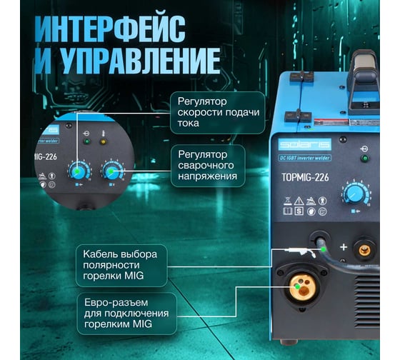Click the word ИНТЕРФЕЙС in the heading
(110, 29)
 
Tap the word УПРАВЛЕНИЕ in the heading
(141, 61)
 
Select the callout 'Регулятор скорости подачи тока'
(218, 113)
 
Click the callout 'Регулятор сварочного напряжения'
(208, 166)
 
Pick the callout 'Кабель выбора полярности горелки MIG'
(121, 265)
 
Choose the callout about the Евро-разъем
(126, 314)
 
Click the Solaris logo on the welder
(305, 145)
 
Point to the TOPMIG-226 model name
(305, 177)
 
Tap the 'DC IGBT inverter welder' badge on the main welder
(305, 158)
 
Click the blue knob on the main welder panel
(354, 194)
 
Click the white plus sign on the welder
(344, 247)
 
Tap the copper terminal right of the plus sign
(364, 251)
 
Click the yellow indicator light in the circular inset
(103, 142)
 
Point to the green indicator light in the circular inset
(87, 141)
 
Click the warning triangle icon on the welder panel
(299, 201)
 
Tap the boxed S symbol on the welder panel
(299, 211)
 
